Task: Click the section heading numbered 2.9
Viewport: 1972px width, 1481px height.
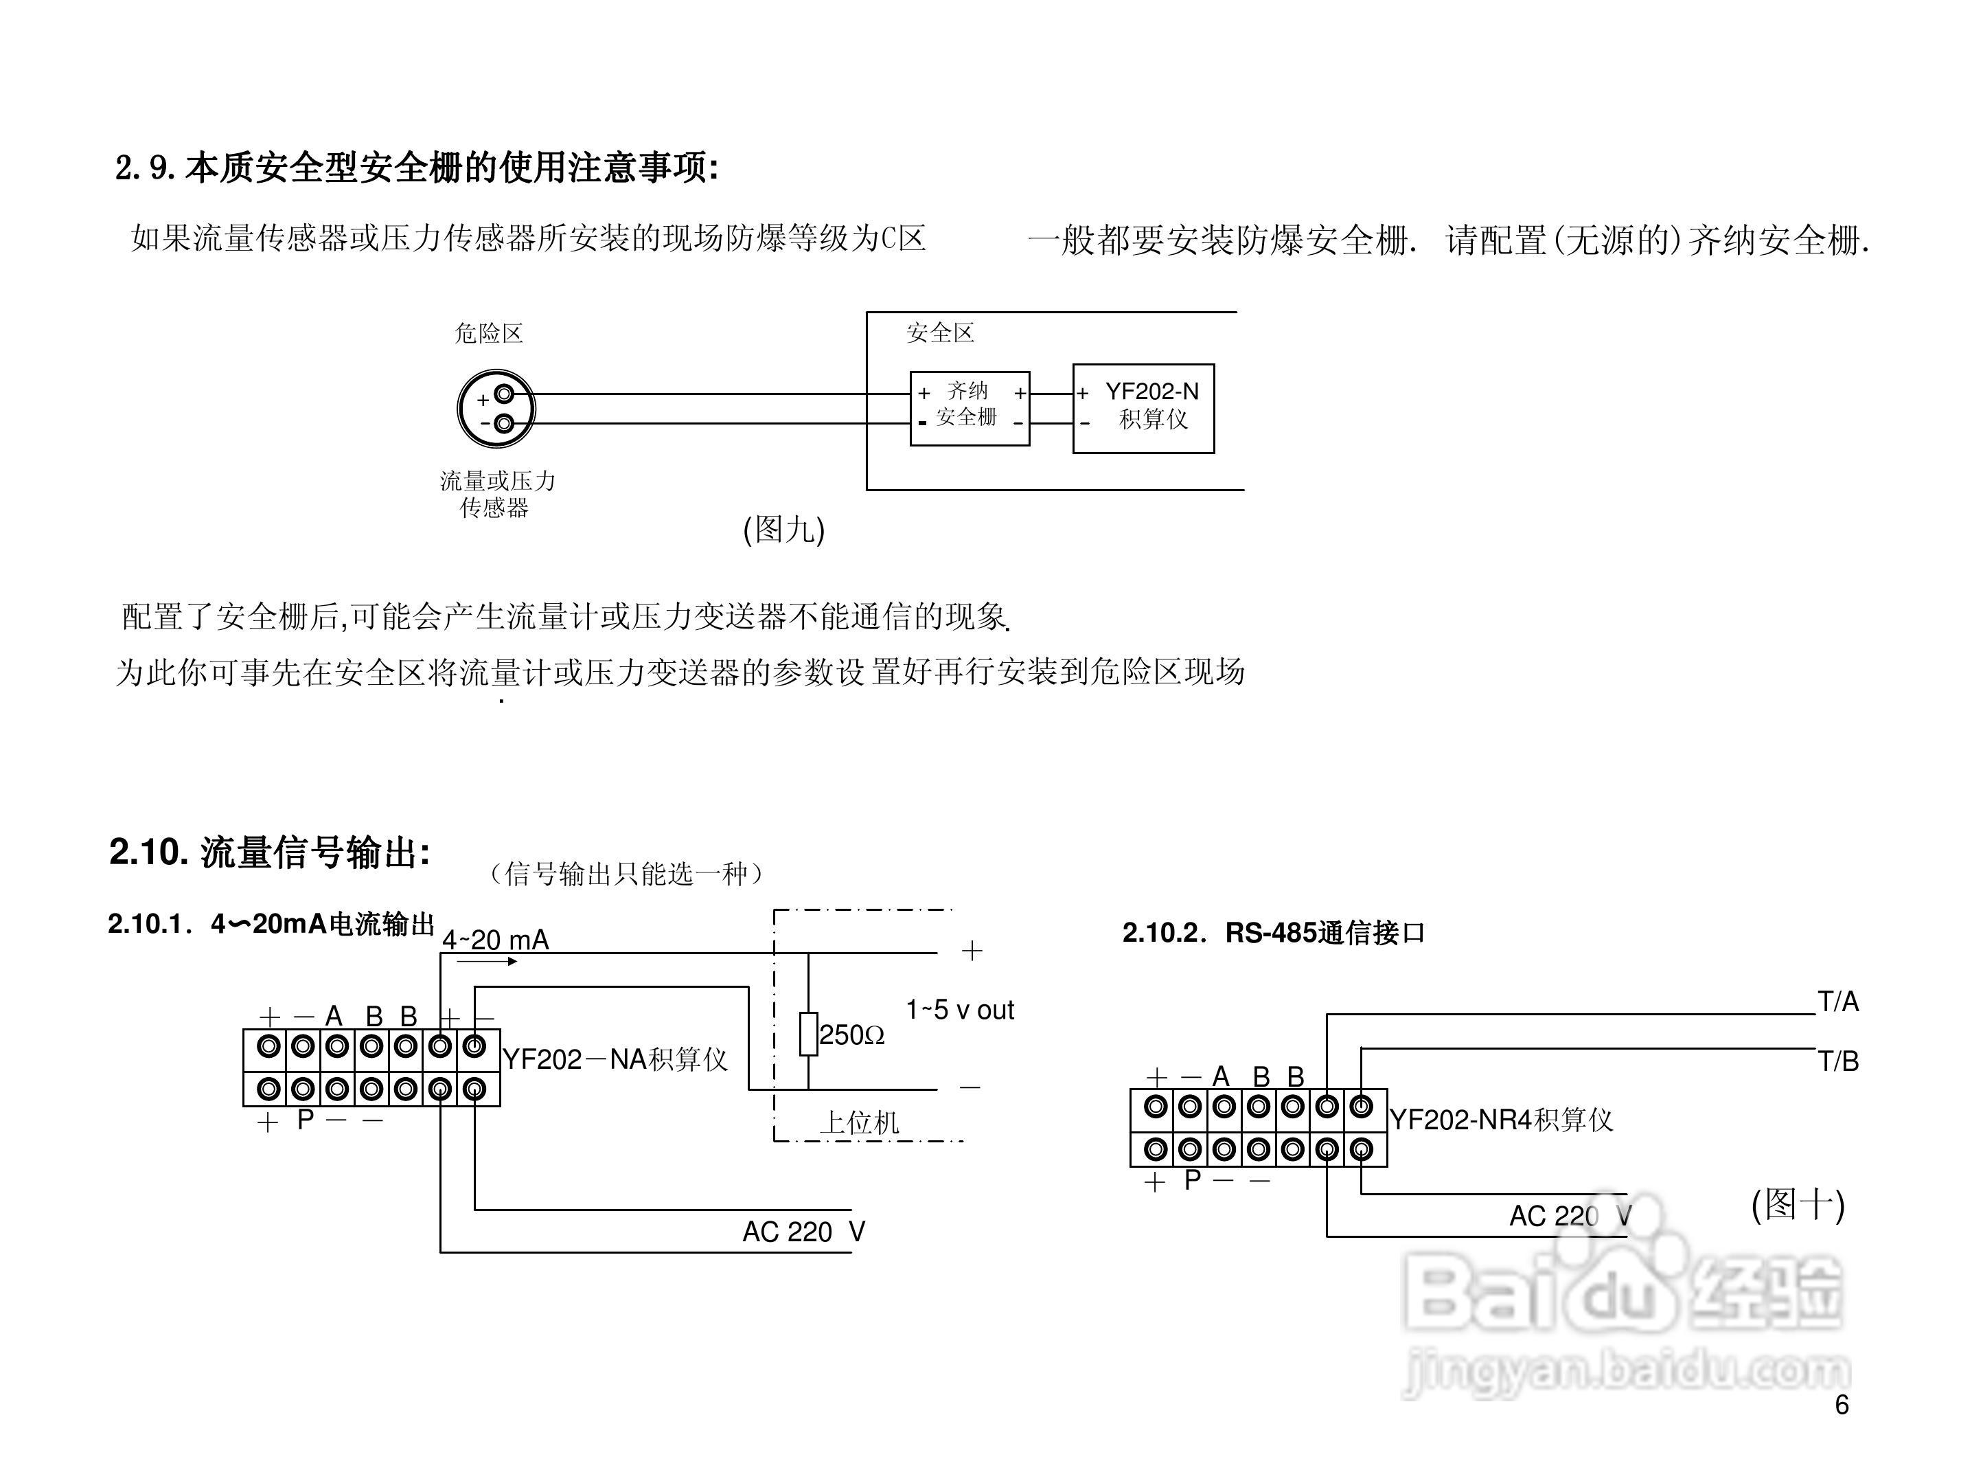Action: pos(416,168)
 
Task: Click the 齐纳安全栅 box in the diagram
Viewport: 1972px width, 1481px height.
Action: pos(969,408)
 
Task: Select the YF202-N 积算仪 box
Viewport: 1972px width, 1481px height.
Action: pos(1143,408)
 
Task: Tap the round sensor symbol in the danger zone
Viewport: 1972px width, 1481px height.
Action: pos(496,409)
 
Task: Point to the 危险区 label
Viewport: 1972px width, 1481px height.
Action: pos(489,333)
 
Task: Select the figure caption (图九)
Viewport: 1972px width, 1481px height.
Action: pos(783,530)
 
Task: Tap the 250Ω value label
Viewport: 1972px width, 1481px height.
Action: pos(851,1035)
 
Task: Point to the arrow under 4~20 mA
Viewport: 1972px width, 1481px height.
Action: pos(487,961)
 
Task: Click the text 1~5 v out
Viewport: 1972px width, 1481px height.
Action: pos(959,1010)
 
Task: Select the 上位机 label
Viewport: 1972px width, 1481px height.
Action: pos(860,1122)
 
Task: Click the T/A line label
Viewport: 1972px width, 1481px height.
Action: pos(1837,1002)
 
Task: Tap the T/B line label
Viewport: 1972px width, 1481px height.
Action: pos(1837,1061)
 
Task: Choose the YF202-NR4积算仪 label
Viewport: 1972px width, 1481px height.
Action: pos(1501,1120)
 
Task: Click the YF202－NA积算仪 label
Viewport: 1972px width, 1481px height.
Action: pos(615,1059)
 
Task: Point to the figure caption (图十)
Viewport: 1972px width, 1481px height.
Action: pos(1798,1206)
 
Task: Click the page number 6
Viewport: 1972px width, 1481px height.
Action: pos(1842,1405)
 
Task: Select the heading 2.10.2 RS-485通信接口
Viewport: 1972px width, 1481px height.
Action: pos(1273,933)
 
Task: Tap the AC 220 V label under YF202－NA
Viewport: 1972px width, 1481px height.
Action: pos(803,1232)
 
